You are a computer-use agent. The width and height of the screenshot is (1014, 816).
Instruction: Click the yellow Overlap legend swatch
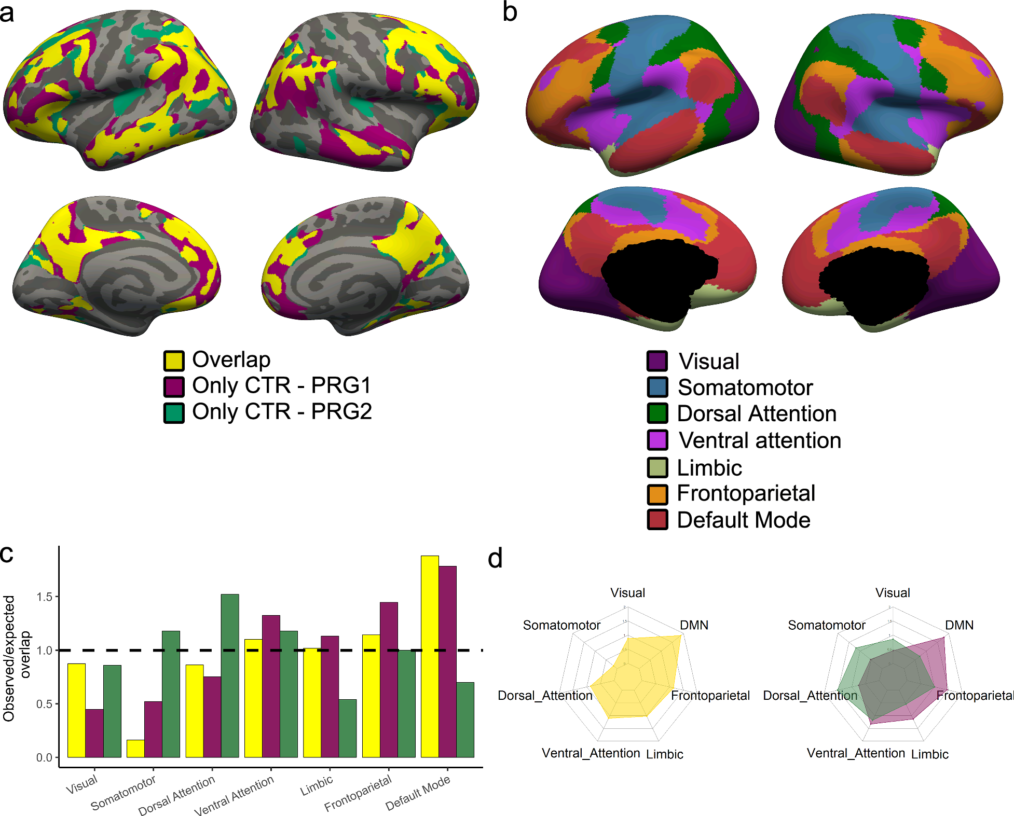[x=174, y=361]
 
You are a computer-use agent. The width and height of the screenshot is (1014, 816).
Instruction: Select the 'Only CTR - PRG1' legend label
[x=282, y=385]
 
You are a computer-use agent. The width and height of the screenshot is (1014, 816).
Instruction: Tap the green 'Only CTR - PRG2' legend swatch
[x=174, y=413]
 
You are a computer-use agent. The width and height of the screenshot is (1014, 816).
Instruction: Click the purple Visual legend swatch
[x=657, y=361]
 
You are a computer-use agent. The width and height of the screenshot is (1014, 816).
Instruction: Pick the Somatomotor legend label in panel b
[x=745, y=388]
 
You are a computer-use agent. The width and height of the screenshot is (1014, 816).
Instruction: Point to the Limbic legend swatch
[x=657, y=467]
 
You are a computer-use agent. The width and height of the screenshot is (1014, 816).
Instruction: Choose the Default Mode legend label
[x=744, y=520]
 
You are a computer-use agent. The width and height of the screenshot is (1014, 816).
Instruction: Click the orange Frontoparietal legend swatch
[x=657, y=494]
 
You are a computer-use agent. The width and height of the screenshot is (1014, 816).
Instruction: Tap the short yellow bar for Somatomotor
[x=135, y=749]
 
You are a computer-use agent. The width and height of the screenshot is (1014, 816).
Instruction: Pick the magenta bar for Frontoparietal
[x=389, y=680]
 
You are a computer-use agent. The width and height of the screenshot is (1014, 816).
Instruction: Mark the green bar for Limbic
[x=348, y=728]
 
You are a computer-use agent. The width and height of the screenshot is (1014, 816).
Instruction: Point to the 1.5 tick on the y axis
[x=45, y=597]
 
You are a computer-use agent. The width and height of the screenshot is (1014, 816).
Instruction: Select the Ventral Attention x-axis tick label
[x=234, y=795]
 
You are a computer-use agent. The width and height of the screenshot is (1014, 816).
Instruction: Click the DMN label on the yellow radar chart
[x=694, y=625]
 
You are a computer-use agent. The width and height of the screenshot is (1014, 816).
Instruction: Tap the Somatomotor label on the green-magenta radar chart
[x=826, y=625]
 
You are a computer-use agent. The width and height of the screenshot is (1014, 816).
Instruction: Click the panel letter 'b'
[x=510, y=12]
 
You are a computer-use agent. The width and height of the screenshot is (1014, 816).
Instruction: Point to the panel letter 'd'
[x=495, y=559]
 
